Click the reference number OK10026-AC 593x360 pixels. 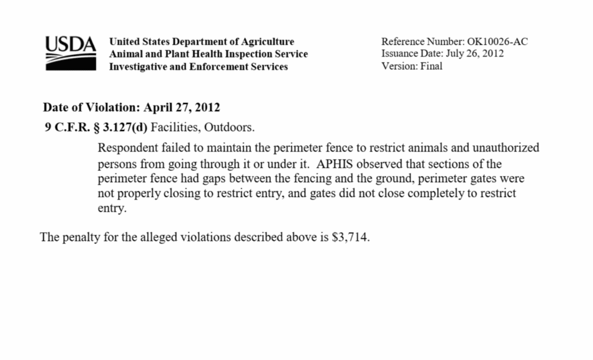(x=497, y=42)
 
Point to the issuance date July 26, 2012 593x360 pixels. (x=474, y=54)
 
